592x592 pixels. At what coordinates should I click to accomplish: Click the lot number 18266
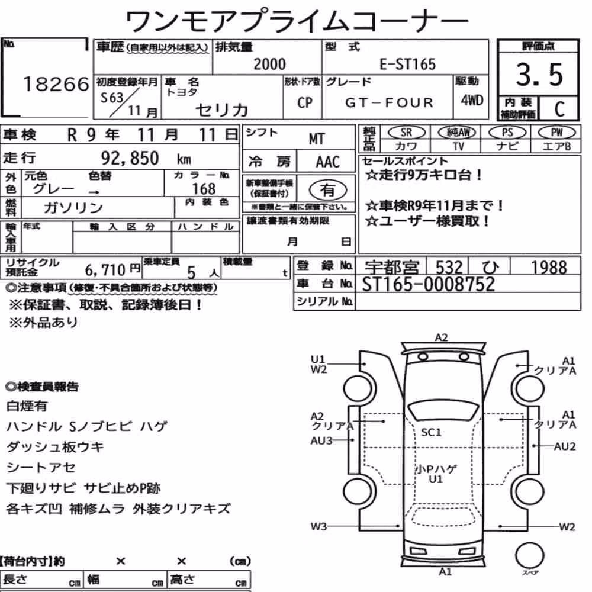tap(56, 84)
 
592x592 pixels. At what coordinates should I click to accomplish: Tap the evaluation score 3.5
tap(539, 75)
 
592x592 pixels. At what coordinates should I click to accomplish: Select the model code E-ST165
tap(407, 64)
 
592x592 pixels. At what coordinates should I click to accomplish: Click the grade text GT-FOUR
tap(389, 102)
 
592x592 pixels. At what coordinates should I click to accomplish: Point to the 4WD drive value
tap(472, 100)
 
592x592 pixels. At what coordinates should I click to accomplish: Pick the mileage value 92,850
tap(130, 158)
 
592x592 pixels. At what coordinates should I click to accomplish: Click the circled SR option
tap(406, 133)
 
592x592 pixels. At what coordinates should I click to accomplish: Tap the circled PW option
tap(556, 133)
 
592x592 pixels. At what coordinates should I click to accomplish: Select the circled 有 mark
tap(327, 190)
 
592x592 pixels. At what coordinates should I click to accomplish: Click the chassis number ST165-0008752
tap(428, 284)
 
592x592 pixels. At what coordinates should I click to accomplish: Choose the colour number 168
tap(204, 188)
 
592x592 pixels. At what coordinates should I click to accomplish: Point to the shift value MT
tap(316, 139)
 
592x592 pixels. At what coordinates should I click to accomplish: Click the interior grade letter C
tap(559, 109)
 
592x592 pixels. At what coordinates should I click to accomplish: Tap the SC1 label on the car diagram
tap(431, 432)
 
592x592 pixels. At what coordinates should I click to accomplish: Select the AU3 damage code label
tap(321, 440)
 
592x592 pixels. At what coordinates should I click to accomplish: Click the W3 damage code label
tap(318, 526)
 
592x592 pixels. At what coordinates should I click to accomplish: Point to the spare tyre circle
tap(530, 556)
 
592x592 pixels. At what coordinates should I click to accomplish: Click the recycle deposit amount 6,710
tap(105, 269)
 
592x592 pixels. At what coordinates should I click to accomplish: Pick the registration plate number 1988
tap(549, 268)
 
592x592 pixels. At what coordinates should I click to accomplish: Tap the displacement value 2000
tap(269, 64)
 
